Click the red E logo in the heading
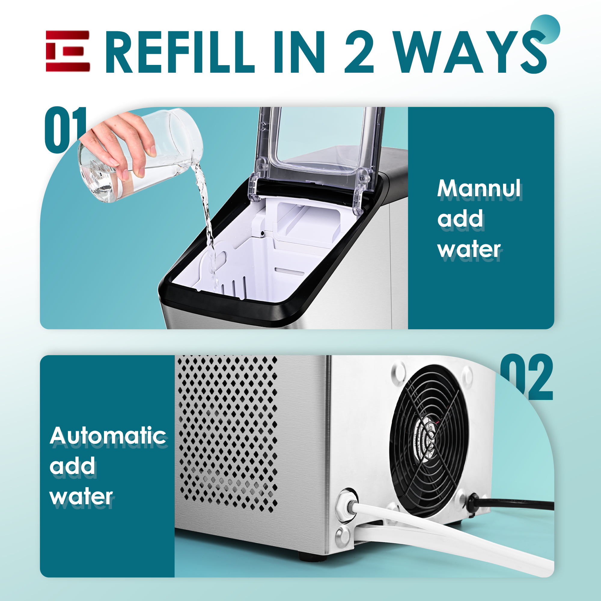click(x=68, y=51)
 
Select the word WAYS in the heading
click(x=471, y=52)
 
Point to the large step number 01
click(x=65, y=130)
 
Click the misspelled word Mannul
click(x=479, y=189)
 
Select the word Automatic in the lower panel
click(x=108, y=436)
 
